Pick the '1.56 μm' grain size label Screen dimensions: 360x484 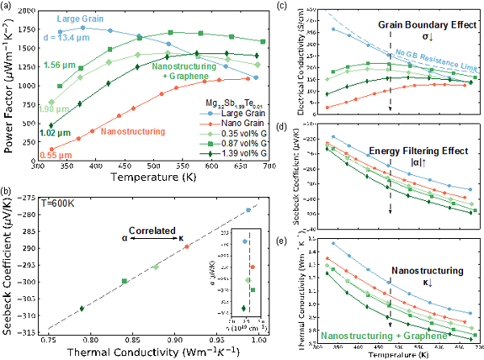59,65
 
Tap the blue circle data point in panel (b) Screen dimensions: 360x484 248,210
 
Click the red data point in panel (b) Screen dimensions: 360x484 187,246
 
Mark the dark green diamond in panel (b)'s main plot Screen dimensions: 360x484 81,308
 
